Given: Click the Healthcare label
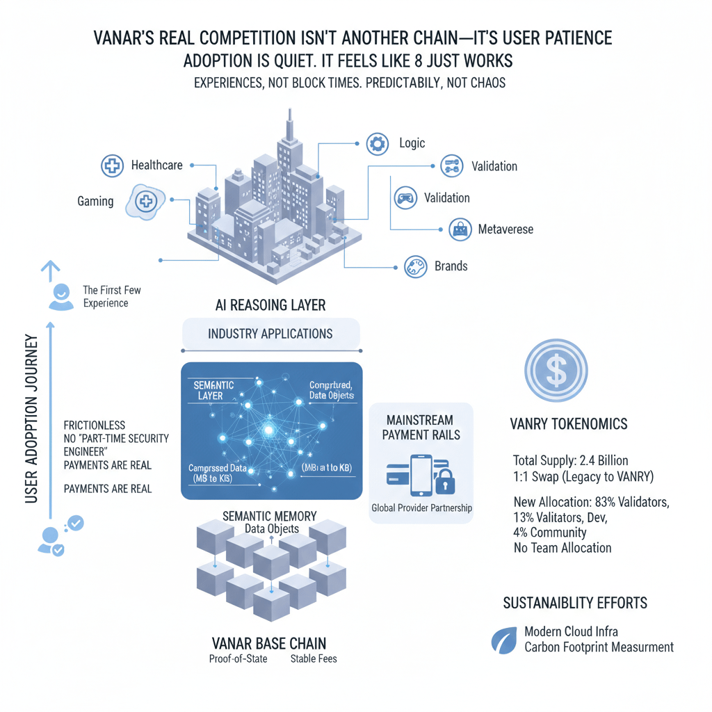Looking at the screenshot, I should click(x=156, y=165).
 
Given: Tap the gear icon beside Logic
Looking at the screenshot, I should click(x=377, y=144).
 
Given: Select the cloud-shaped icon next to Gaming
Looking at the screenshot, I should click(x=145, y=202).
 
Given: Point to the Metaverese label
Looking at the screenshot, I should click(x=505, y=229).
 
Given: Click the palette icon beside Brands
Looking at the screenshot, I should click(x=414, y=266).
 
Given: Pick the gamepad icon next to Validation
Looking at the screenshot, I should click(x=405, y=198).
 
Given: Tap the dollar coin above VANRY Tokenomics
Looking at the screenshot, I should click(x=556, y=371).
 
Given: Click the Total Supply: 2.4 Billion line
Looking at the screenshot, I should click(x=570, y=460).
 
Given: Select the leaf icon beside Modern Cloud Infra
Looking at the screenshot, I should click(x=503, y=640).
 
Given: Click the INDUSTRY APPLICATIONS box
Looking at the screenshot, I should click(x=270, y=334).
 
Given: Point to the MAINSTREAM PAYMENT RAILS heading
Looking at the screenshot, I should click(x=421, y=428).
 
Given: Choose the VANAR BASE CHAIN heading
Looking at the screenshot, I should click(x=268, y=642).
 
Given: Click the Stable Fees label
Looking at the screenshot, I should click(x=313, y=658).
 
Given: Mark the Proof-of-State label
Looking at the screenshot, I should click(x=238, y=658).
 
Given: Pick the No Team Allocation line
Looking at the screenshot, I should click(x=562, y=548).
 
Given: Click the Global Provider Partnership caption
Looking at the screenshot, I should click(x=421, y=508).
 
